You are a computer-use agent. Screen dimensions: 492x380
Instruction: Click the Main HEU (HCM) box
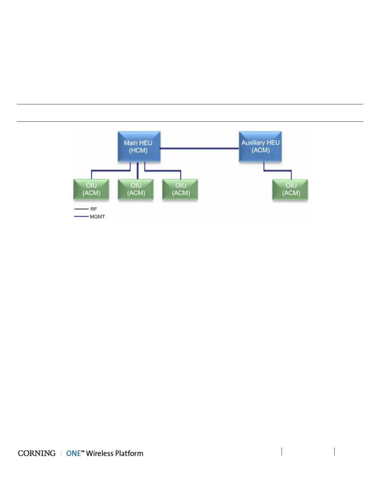point(139,147)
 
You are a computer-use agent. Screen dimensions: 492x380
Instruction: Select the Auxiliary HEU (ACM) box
point(260,147)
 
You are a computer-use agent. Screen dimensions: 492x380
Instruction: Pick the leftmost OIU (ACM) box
point(91,189)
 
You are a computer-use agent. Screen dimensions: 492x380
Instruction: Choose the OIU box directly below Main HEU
point(136,189)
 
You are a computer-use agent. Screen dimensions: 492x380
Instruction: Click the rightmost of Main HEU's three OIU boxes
point(180,189)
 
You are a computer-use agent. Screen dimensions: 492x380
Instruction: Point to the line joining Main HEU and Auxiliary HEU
point(199,149)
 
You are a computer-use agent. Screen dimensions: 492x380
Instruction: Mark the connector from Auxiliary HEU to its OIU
point(278,171)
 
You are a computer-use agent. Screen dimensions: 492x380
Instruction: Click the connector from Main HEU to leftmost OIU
point(110,171)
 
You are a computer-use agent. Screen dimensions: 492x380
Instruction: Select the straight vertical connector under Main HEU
point(138,171)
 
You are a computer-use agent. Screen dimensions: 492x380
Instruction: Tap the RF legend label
point(94,209)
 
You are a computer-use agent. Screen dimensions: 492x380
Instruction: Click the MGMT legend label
point(97,217)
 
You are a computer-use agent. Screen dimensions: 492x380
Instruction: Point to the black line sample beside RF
point(81,209)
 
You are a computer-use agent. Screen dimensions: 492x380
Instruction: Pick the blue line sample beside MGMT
point(81,216)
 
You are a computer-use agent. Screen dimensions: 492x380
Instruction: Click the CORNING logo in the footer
point(37,453)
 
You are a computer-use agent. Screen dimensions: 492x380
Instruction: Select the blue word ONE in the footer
point(74,453)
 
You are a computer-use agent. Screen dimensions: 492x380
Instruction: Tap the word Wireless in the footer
point(100,453)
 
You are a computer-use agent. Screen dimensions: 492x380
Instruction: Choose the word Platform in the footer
point(129,453)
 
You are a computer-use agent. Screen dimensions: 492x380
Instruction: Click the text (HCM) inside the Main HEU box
point(138,151)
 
